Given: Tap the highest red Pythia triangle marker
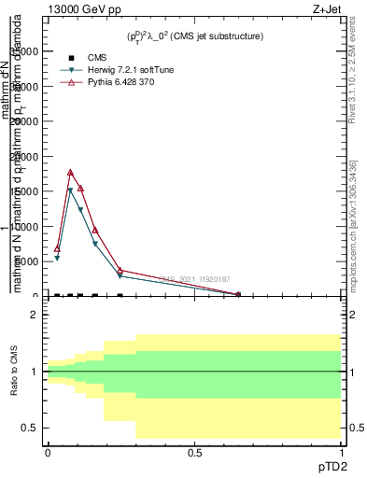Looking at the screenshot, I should [x=70, y=173].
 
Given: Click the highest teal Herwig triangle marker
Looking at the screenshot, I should [x=70, y=190].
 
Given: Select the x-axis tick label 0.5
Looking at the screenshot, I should [x=194, y=452].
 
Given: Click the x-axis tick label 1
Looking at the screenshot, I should [x=341, y=452].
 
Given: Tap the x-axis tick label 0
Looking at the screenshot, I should [x=48, y=452].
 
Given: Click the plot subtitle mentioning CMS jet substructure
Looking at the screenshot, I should [x=195, y=36].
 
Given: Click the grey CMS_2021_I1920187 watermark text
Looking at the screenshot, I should [x=194, y=278].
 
